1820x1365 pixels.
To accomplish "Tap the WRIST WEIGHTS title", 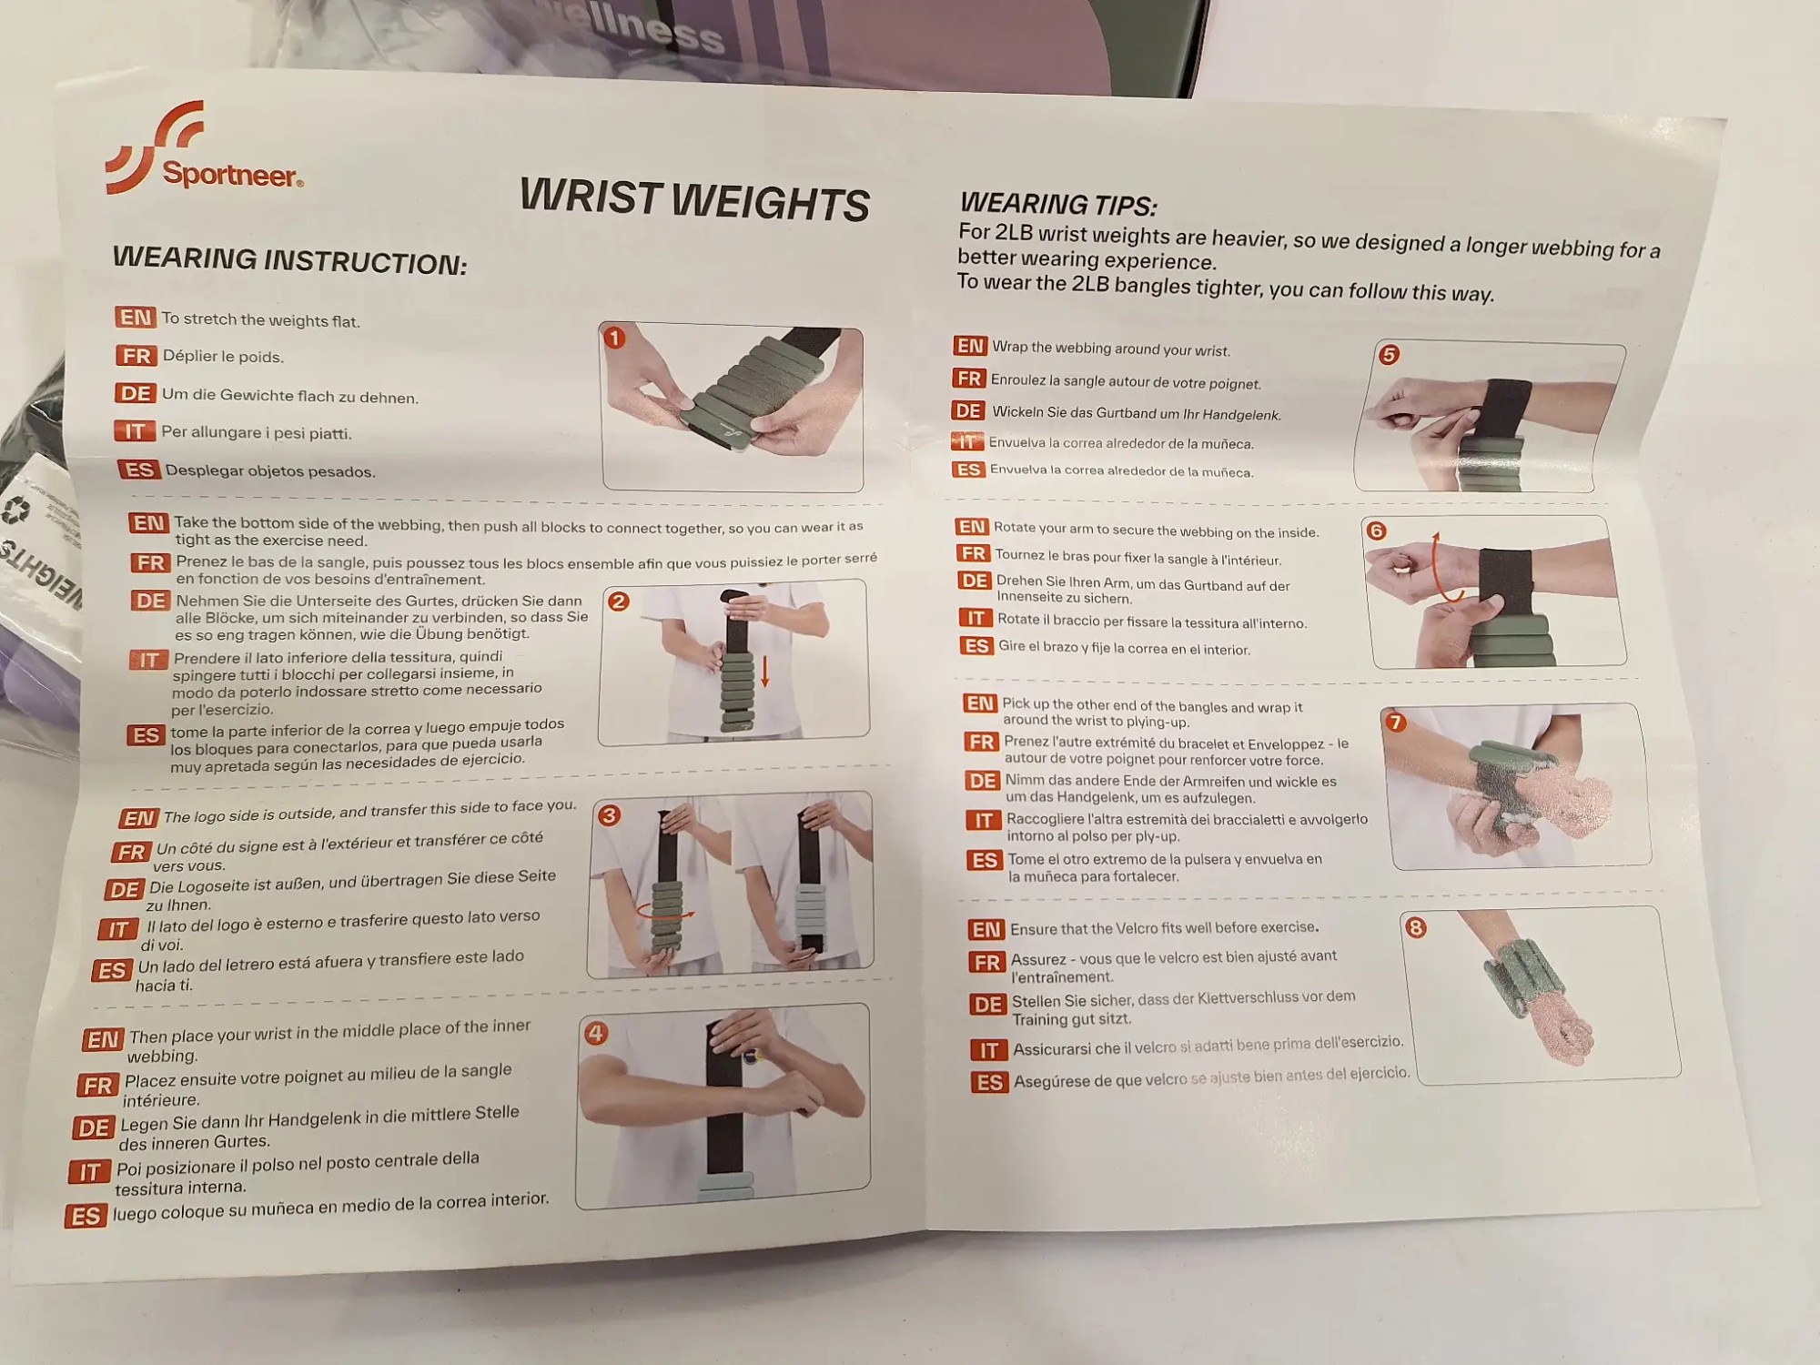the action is [x=694, y=199].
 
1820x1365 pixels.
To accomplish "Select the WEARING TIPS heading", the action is [x=1058, y=203].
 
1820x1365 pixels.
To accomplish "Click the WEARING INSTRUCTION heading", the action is [x=289, y=260].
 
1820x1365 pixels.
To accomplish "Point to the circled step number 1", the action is [x=614, y=339].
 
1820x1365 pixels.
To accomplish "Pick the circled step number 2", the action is [x=619, y=602].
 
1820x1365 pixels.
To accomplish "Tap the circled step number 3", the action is [x=610, y=815].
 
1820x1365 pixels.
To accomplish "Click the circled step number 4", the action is [x=596, y=1033].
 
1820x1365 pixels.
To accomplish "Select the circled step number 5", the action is [x=1389, y=355].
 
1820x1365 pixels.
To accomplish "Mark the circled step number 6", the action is [x=1376, y=531].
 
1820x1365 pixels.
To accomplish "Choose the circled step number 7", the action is [x=1395, y=723].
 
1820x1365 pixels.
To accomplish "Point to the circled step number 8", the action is [x=1416, y=927].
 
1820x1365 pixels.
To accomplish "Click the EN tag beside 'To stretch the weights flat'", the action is [x=136, y=317].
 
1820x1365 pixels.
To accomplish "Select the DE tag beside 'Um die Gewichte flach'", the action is [x=136, y=393].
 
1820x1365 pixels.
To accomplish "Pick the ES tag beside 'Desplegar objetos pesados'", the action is [x=139, y=470].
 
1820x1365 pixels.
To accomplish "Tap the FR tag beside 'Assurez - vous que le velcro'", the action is [x=987, y=963].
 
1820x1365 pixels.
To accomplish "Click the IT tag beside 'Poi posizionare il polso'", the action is [x=89, y=1172].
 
